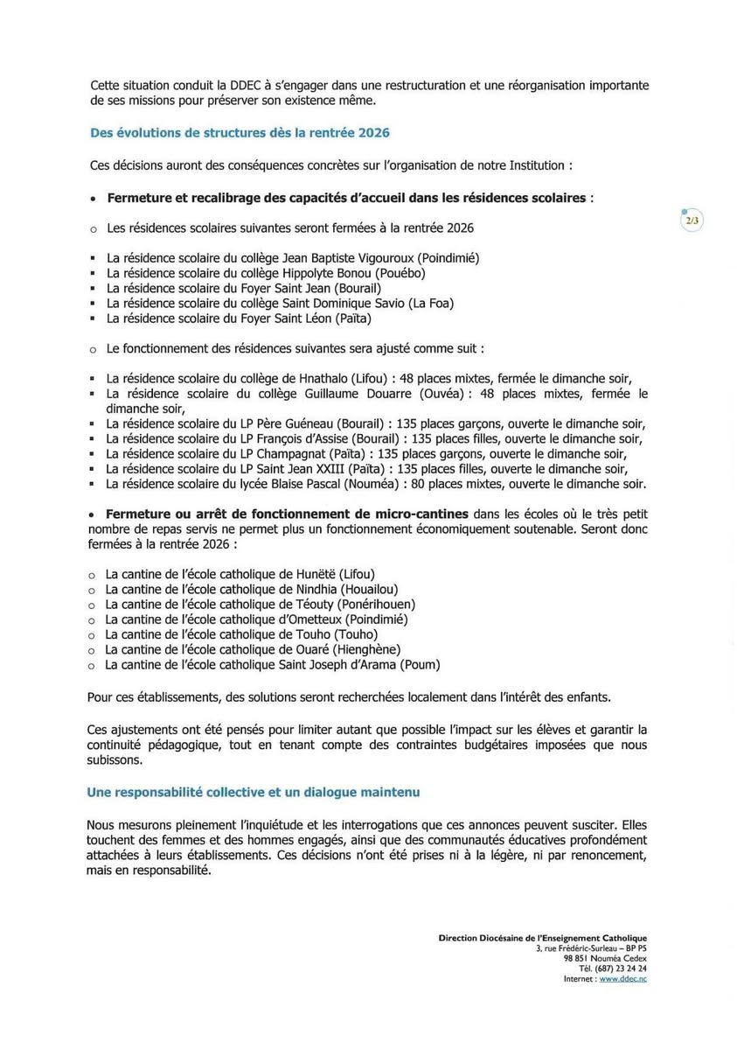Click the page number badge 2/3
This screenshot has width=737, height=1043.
(x=692, y=221)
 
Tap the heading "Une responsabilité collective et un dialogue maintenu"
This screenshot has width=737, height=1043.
(x=254, y=791)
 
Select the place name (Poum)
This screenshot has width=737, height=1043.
(x=420, y=664)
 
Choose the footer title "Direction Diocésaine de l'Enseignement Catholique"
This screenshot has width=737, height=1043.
(x=542, y=937)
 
